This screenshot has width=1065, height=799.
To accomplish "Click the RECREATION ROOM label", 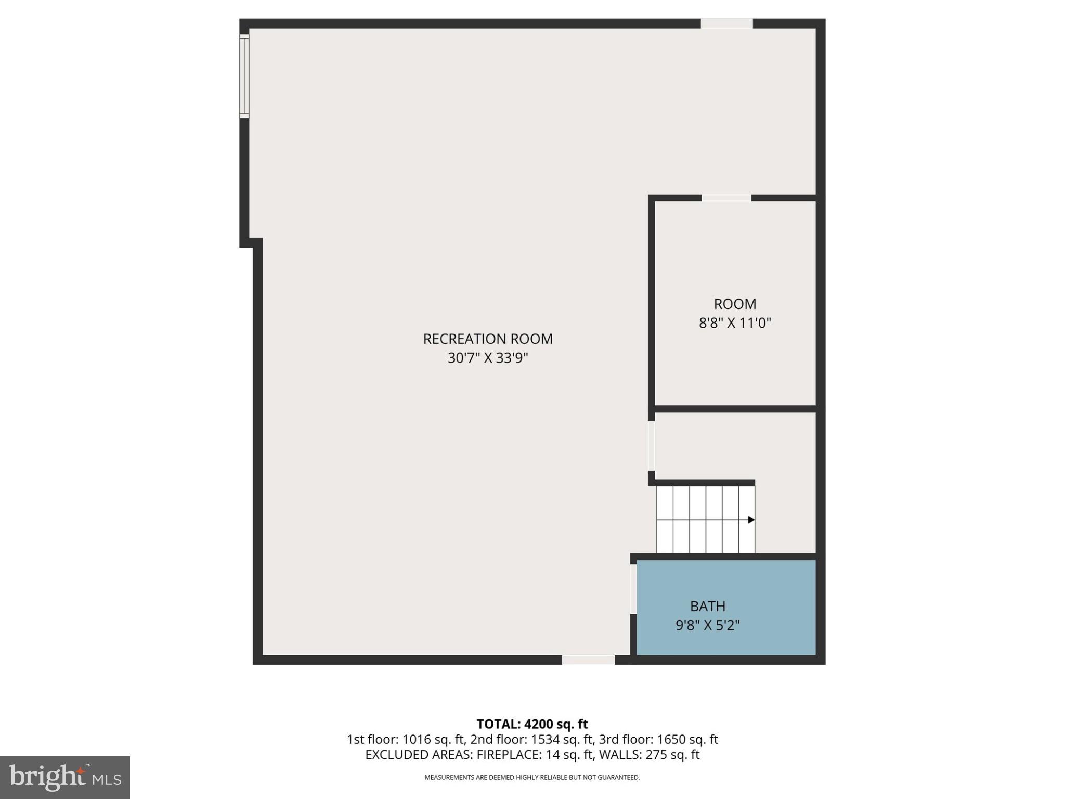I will click(487, 339).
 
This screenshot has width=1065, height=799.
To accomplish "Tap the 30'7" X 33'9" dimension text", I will click(487, 358).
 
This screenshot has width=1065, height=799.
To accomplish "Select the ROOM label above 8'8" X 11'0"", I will click(734, 304).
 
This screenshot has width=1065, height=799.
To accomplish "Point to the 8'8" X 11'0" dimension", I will click(734, 323).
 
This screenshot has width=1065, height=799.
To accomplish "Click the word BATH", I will click(707, 606).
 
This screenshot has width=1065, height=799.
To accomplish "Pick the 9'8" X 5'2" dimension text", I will click(707, 625).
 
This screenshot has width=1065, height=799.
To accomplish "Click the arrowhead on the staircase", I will click(751, 520).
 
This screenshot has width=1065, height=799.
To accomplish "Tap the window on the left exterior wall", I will click(244, 76).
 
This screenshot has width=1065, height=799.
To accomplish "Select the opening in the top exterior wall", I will click(726, 23).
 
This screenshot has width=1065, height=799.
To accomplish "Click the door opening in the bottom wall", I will click(588, 660).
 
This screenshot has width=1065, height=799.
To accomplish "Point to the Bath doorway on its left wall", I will click(633, 589).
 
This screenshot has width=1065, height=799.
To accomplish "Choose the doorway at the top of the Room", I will click(726, 198).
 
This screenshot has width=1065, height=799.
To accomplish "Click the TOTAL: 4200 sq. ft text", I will click(532, 724).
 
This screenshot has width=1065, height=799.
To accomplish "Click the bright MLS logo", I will click(65, 777).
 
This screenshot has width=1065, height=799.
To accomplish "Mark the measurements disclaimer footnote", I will click(532, 777).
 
